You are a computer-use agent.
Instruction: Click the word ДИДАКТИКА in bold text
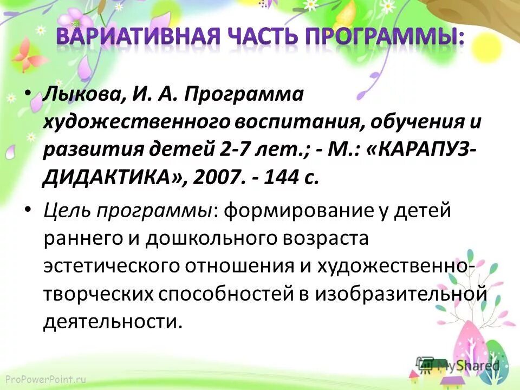coord(110,179)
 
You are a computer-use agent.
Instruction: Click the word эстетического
coord(110,266)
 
